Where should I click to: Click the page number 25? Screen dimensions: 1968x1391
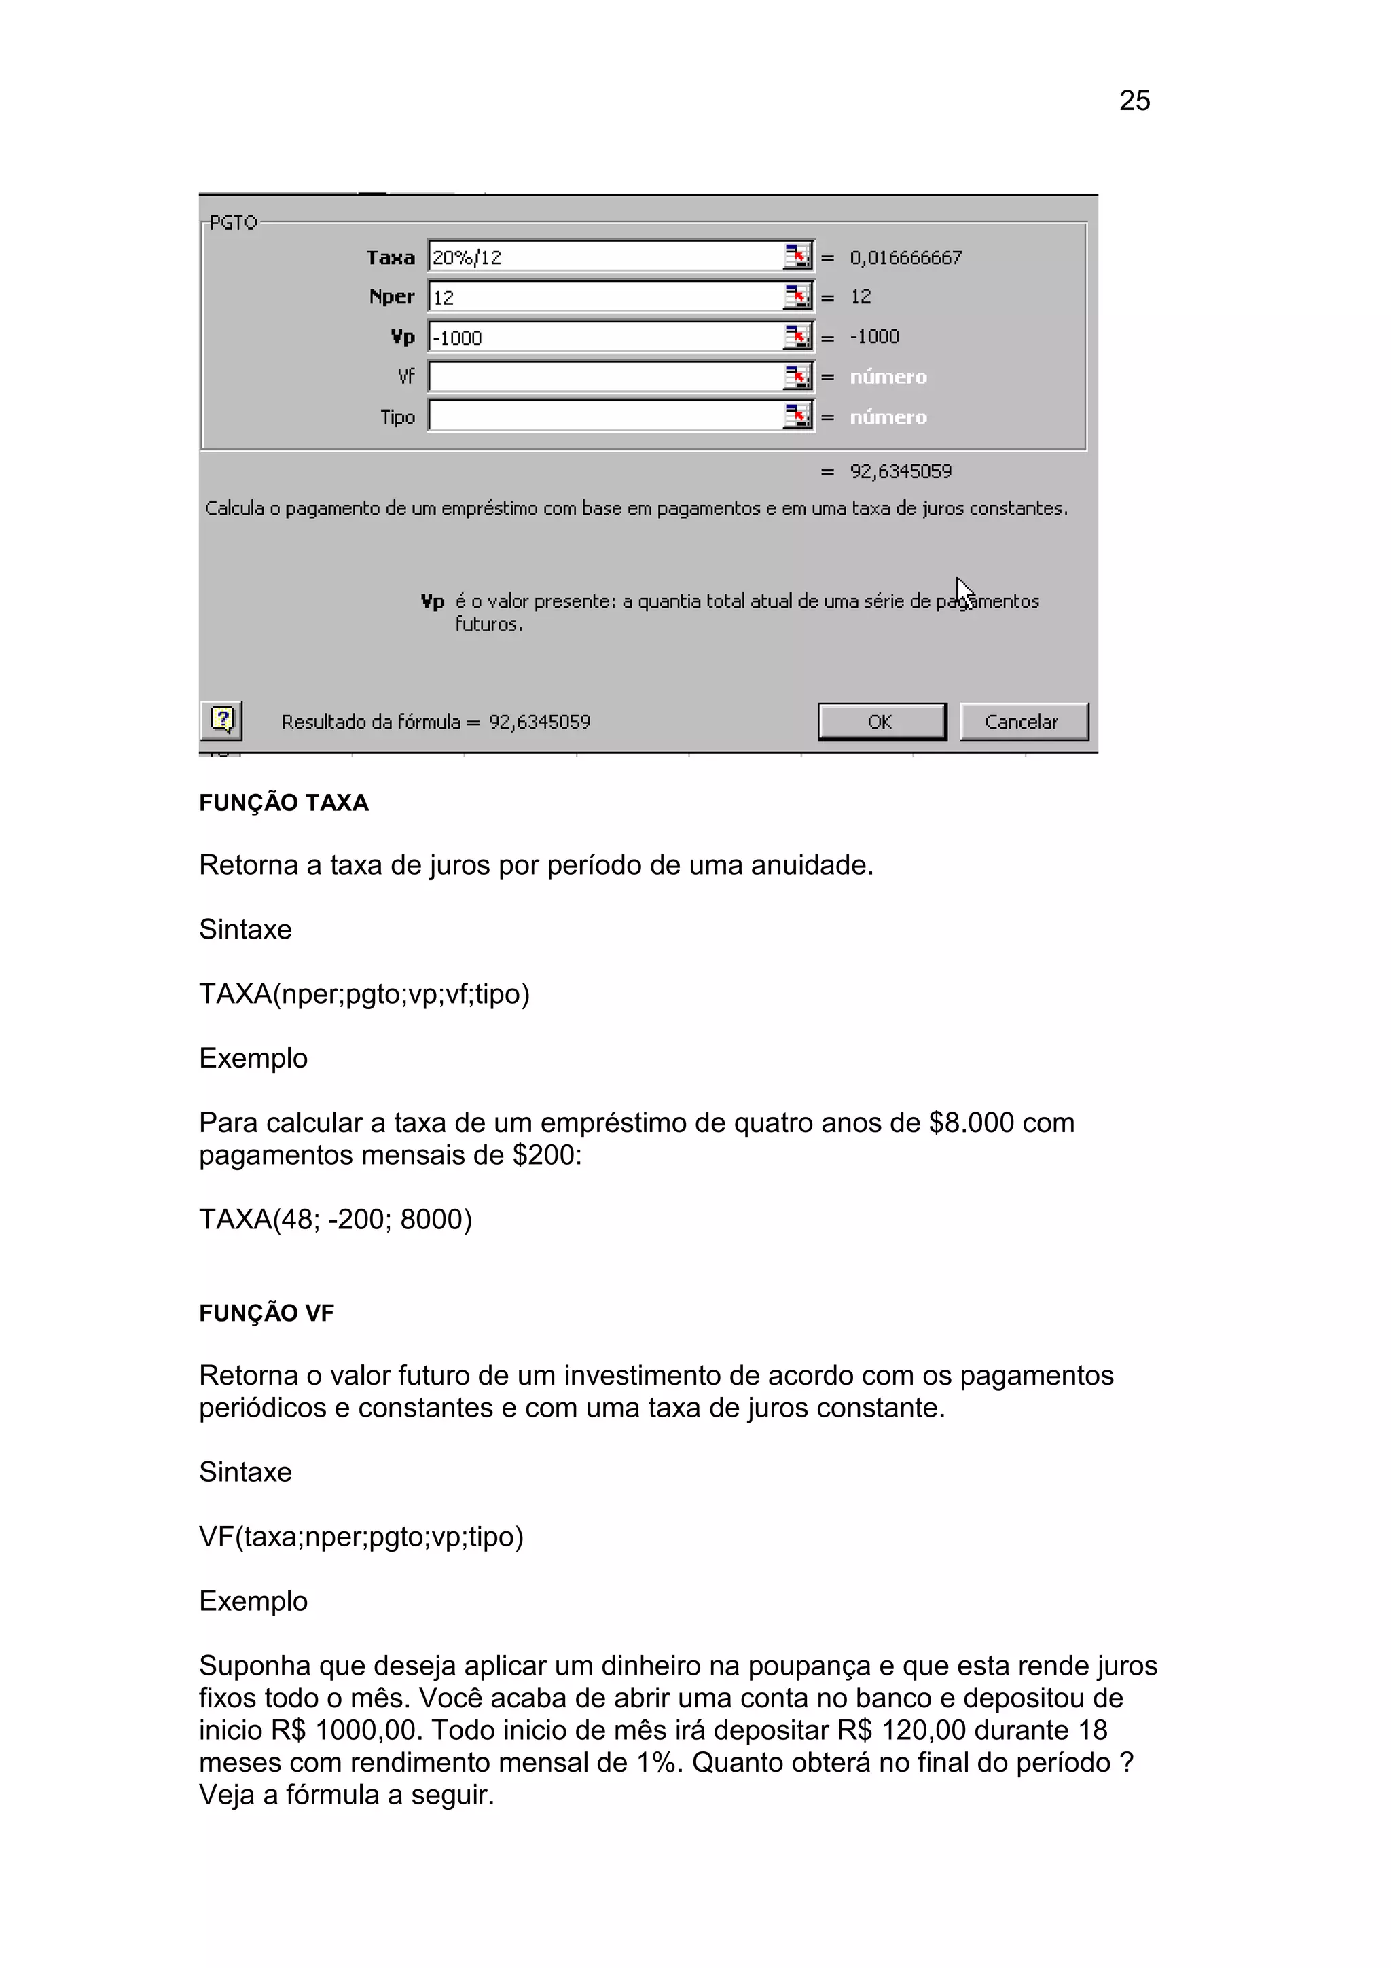1134,101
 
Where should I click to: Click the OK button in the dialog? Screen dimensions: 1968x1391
881,722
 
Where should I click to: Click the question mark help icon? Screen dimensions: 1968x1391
221,720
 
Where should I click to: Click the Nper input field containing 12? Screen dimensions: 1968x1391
604,297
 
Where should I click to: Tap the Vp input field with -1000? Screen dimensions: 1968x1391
604,337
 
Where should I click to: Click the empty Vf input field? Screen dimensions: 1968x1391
604,377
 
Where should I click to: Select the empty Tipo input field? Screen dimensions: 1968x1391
604,416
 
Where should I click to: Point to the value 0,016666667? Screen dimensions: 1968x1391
905,257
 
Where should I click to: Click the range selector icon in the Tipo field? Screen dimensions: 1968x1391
797,416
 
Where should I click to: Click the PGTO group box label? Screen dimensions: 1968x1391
233,223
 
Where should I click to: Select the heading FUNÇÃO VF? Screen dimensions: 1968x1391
266,1313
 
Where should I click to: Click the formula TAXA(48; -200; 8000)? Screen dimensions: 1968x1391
335,1219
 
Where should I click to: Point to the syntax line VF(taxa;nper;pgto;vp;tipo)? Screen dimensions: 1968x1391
361,1537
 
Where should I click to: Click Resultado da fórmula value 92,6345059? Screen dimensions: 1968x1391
539,722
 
